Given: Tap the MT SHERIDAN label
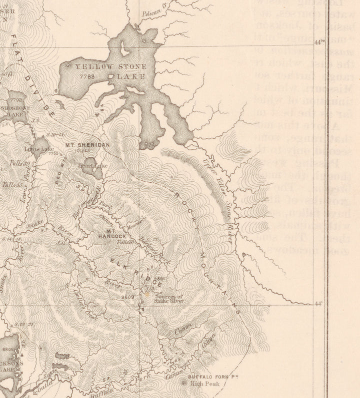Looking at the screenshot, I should (88, 145).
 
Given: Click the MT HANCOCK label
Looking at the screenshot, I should (112, 233).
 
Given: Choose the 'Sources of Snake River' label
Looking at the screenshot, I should (168, 299).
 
